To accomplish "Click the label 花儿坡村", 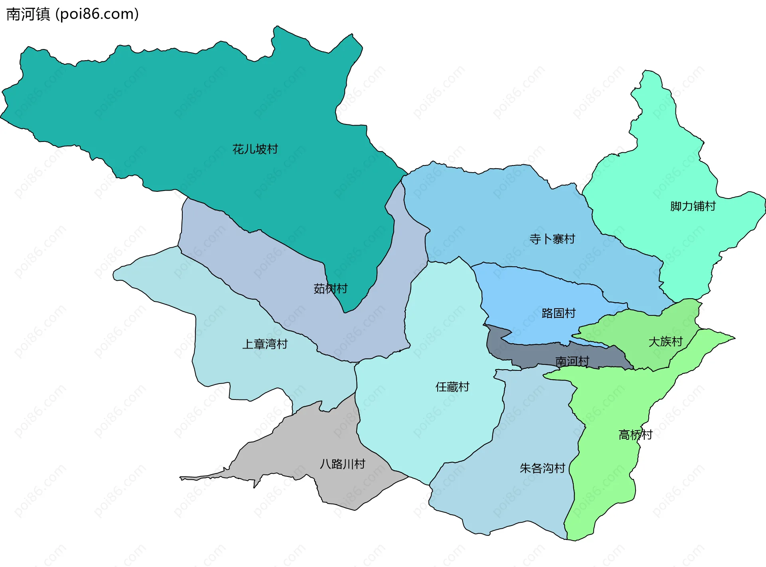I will [x=255, y=149].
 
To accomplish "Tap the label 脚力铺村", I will [x=693, y=206].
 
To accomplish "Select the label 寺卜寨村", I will [x=552, y=239].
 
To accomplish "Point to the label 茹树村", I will [x=330, y=288].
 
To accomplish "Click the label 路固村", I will [x=559, y=313].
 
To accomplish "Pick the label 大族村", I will [x=665, y=341].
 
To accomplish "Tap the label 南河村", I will [x=572, y=361].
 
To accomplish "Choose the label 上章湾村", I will [x=265, y=344].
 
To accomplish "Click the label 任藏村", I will [x=452, y=387].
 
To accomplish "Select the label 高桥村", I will [x=635, y=434].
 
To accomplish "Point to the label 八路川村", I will [x=342, y=464].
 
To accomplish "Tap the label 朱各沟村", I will [x=542, y=468].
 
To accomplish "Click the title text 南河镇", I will [x=28, y=14].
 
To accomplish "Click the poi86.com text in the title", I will [x=97, y=14].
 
